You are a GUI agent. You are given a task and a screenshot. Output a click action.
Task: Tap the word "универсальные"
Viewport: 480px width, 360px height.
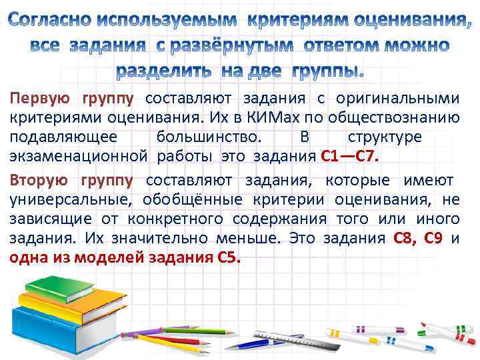tap(59, 199)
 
